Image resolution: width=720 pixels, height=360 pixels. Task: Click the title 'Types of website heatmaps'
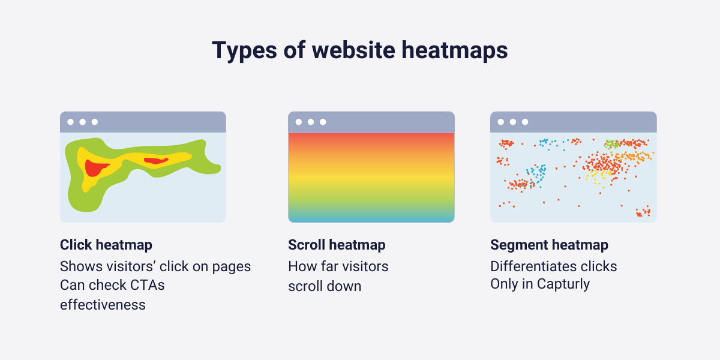[x=359, y=50]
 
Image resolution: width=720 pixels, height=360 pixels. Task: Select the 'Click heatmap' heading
[x=106, y=245]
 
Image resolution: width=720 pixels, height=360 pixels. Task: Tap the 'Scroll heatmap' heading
[x=337, y=245]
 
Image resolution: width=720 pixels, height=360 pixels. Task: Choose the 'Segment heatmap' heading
[x=549, y=245]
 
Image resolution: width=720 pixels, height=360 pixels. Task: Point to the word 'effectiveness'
[x=103, y=304]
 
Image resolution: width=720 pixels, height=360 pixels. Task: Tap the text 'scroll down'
[x=325, y=286]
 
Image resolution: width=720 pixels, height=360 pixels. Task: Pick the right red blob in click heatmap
[x=156, y=160]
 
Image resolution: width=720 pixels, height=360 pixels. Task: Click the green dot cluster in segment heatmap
[x=611, y=144]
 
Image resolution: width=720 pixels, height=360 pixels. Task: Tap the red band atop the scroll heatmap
[x=371, y=138]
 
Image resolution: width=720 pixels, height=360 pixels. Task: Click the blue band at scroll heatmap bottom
[x=371, y=217]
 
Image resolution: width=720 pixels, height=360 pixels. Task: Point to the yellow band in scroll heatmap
[x=371, y=179]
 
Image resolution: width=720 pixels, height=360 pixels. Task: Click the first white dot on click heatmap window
[x=71, y=122]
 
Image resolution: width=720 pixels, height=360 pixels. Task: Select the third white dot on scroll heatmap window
[x=323, y=122]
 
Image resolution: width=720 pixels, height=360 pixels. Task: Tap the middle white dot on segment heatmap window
[x=513, y=122]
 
